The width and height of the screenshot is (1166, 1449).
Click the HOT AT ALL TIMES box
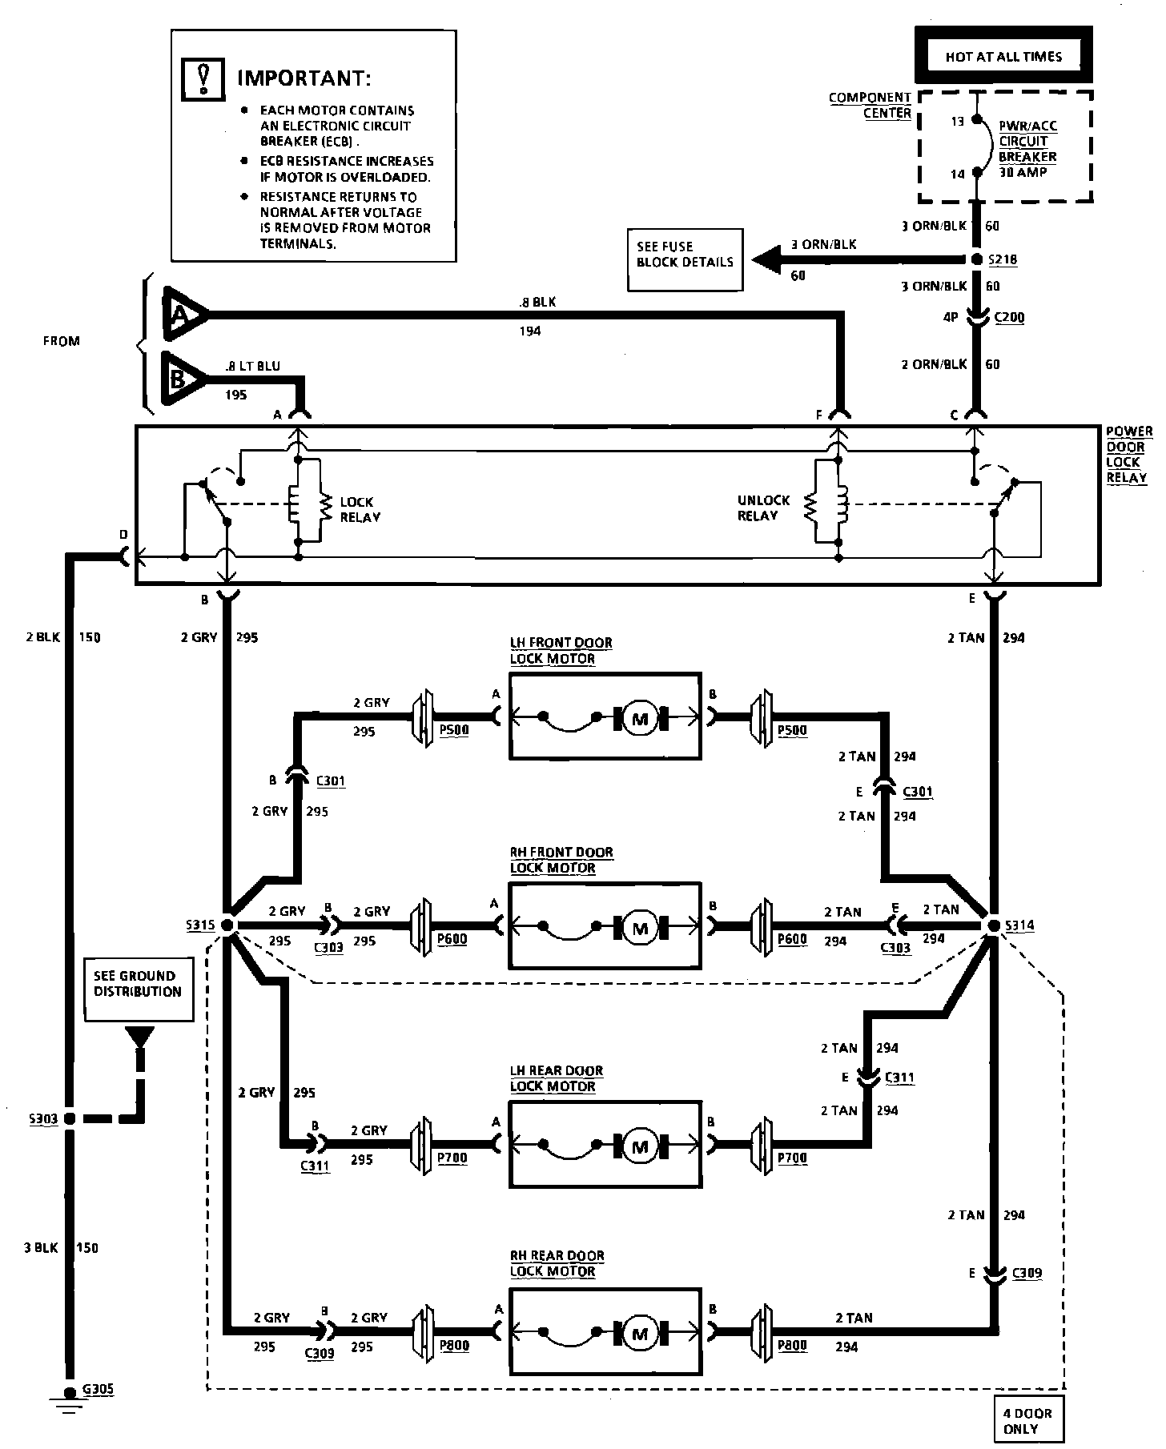click(x=1003, y=56)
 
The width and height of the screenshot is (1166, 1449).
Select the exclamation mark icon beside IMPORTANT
click(x=204, y=78)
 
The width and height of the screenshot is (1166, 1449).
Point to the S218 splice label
click(x=1003, y=260)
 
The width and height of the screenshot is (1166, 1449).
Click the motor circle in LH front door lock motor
click(x=640, y=718)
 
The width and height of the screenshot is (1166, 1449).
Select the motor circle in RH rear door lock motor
click(x=640, y=1334)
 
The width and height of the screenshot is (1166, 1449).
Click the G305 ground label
click(x=99, y=1390)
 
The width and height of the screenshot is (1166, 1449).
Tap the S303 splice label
click(x=42, y=1118)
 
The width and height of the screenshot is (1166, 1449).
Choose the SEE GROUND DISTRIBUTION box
click(x=139, y=989)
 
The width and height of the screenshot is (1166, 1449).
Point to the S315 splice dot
click(x=227, y=925)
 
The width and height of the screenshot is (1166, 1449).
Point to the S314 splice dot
click(x=993, y=925)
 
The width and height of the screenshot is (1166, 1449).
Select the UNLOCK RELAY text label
click(x=762, y=508)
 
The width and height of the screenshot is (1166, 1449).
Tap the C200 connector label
click(x=1009, y=318)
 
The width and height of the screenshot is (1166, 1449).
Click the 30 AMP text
click(x=1022, y=172)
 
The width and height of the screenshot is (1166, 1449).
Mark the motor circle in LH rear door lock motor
click(x=640, y=1147)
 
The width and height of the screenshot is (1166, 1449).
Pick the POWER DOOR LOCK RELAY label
click(x=1128, y=454)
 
